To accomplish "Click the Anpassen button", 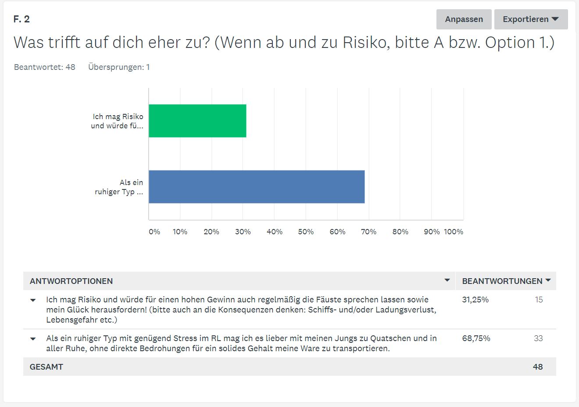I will [x=464, y=19].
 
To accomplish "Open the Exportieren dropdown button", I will [x=531, y=19].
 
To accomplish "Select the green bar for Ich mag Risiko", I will [x=197, y=121].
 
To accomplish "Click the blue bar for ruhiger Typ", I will [x=257, y=187].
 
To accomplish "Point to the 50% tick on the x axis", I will [x=306, y=232].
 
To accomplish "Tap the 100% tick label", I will [x=454, y=232].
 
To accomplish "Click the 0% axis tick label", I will [x=154, y=232].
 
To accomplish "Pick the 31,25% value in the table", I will [x=475, y=300].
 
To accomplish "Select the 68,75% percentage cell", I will [x=476, y=338].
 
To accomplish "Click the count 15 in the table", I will [x=539, y=300].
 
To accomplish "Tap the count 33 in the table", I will [x=538, y=338].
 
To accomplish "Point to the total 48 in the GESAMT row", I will [x=538, y=367].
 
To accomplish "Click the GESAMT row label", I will [x=46, y=367].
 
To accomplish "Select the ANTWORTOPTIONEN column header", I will [x=71, y=281].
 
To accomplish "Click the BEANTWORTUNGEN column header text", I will [x=502, y=281].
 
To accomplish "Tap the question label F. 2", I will [x=21, y=19].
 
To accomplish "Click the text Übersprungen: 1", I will [x=119, y=67].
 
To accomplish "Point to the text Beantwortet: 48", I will [x=45, y=67].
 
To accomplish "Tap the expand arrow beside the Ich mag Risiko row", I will [x=33, y=300].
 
